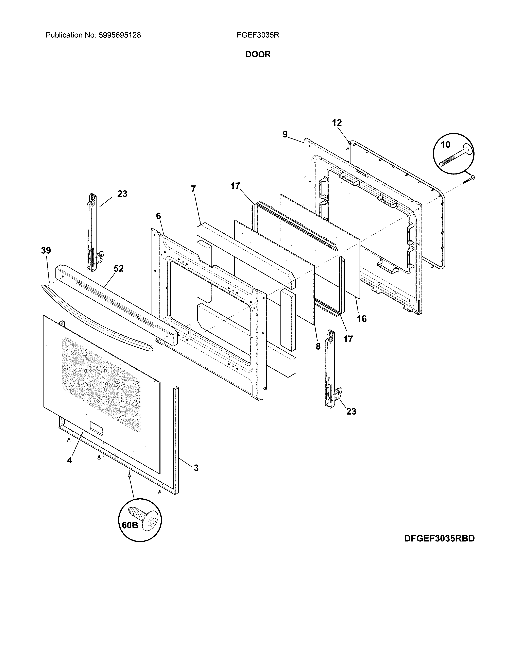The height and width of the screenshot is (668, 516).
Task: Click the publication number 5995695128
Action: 120,35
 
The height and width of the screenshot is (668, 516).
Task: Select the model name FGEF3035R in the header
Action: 258,35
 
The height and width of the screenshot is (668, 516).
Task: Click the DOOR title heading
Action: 258,54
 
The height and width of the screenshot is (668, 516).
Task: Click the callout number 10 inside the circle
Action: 445,145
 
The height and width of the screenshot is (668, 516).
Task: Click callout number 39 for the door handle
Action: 46,251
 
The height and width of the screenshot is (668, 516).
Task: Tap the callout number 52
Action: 119,269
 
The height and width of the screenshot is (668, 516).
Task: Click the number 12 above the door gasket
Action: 337,123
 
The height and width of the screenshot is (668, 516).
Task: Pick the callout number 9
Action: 285,134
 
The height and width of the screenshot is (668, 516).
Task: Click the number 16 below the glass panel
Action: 362,319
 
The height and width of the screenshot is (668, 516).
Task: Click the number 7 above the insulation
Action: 193,189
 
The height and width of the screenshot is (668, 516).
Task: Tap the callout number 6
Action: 158,216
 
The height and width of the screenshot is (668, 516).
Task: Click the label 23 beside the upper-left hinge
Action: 122,194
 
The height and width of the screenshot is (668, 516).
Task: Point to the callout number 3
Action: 196,468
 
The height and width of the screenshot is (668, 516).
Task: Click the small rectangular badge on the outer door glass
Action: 96,428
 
